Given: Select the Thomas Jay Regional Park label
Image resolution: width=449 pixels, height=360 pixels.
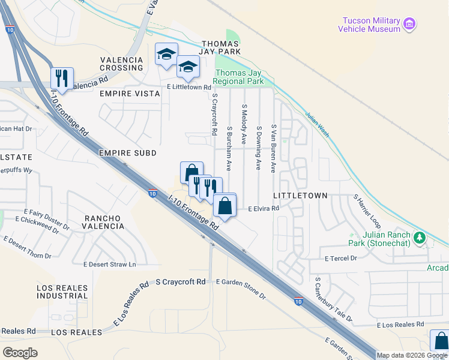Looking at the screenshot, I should tap(240, 77).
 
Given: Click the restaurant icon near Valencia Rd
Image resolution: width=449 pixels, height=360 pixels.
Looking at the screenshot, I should tap(62, 77).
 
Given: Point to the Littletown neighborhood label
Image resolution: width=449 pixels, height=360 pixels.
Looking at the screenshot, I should tap(300, 196).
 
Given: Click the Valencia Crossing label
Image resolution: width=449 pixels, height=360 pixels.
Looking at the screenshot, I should tap(121, 64).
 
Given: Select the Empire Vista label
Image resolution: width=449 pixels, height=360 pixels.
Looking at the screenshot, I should tap(130, 94).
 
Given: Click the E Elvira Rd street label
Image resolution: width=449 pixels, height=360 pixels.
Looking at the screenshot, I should tap(264, 209).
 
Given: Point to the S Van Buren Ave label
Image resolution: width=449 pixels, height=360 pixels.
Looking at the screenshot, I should tap(273, 149).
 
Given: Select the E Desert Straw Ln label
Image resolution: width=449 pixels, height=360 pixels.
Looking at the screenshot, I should tap(110, 264).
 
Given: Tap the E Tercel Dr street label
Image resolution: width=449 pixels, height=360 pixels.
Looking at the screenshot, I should tap(340, 259).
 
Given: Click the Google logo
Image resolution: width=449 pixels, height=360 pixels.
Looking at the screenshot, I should tap(20, 353).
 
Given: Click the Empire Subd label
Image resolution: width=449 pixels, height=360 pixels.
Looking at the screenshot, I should tap(128, 153).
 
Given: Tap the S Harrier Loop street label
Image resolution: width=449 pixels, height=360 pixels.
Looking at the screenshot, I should tap(367, 206).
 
